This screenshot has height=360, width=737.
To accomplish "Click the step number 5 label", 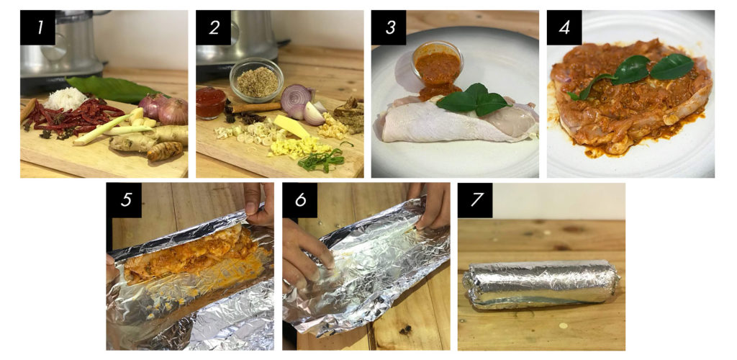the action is pos(124,200).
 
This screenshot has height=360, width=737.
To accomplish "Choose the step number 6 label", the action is pos(300,200).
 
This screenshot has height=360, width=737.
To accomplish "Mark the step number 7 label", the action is pos(475,200).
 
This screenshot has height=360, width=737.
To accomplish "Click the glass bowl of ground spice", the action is pos(256,80).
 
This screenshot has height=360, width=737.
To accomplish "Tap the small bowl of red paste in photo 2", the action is pos(211,102).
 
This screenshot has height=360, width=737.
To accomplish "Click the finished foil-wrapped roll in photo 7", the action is pos(541,284).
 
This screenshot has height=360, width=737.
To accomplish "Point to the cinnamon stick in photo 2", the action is pos(256,109).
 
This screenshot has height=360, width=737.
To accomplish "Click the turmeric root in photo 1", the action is pos(165,151).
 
